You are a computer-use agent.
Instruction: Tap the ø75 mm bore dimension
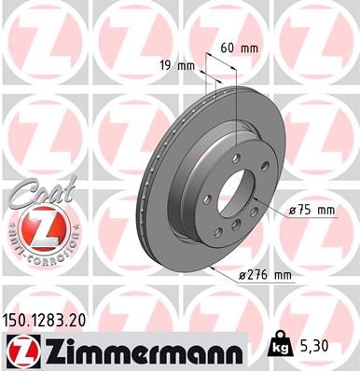(x=311, y=212)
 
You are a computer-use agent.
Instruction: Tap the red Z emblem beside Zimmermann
(x=20, y=351)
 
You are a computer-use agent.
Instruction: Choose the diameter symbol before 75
(x=294, y=212)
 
